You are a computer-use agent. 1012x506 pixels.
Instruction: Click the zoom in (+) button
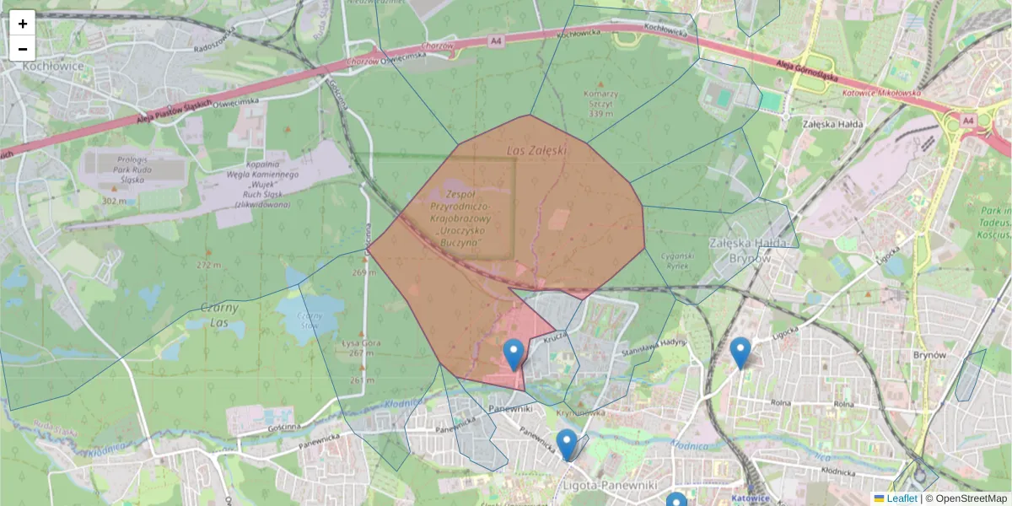[23, 24]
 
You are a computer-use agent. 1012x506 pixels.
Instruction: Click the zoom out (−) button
[23, 49]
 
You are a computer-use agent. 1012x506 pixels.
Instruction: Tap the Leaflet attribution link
[902, 498]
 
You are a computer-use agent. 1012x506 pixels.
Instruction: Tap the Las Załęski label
[536, 150]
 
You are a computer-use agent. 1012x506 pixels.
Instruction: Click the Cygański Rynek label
[676, 260]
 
